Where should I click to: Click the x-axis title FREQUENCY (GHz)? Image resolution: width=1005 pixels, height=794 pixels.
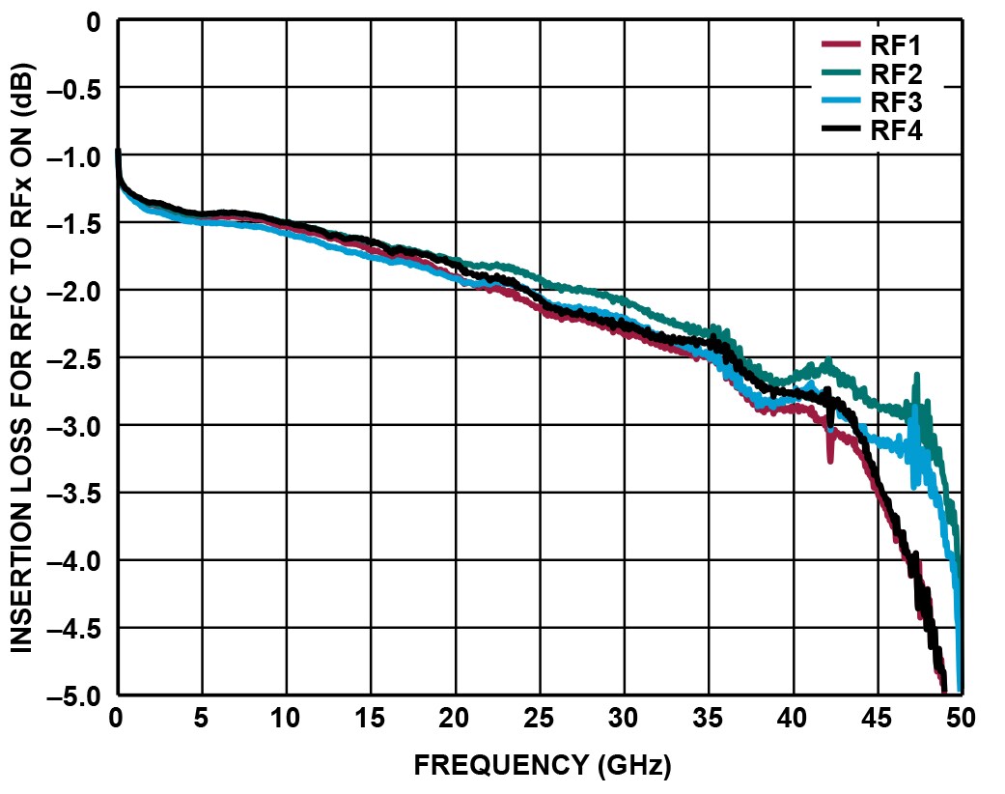click(542, 766)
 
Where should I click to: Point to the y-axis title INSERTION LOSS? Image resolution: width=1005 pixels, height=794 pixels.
click(22, 355)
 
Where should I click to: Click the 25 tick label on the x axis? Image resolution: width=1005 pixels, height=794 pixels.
click(540, 719)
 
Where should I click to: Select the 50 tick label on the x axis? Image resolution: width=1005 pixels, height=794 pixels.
click(961, 719)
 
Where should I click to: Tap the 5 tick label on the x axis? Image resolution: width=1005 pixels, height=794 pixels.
click(202, 719)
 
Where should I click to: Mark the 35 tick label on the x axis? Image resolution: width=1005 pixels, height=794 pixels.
click(709, 719)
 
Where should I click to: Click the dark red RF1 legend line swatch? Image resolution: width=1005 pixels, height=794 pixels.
click(838, 43)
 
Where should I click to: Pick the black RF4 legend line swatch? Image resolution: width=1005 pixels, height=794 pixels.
click(838, 131)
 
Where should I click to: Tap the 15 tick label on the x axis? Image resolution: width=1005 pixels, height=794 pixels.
click(371, 719)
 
